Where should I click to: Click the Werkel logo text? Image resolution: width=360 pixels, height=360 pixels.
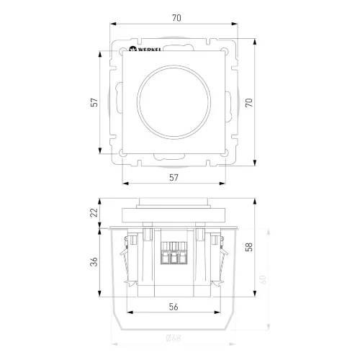[147, 52]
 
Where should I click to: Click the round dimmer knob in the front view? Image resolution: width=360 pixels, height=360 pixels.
[174, 102]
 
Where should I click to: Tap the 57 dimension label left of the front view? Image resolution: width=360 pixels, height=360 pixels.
[94, 102]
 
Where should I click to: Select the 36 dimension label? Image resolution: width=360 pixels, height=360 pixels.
[94, 262]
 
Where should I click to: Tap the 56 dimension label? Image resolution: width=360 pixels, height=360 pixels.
[174, 306]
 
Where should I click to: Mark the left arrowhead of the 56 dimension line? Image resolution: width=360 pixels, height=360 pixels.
[128, 313]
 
